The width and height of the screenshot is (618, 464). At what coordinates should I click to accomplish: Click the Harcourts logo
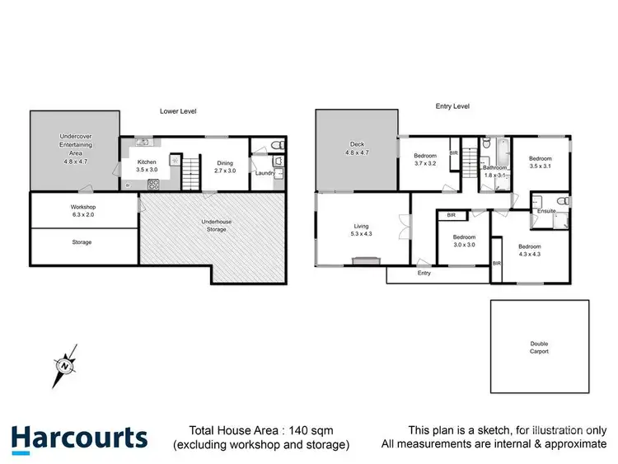pos(79,437)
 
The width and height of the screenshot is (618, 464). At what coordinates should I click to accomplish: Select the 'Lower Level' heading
pos(178,110)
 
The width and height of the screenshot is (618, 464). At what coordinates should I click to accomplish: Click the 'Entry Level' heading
pos(452,106)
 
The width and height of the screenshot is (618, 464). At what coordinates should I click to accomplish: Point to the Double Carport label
pos(539,348)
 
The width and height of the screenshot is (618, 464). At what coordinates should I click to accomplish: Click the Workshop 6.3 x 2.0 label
pos(83,211)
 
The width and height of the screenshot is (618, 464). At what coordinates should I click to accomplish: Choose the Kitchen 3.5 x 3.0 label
pos(147,166)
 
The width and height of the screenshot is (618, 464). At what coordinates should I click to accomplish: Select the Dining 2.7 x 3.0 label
pos(224,166)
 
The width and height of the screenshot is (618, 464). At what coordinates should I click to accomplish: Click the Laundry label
pos(265,173)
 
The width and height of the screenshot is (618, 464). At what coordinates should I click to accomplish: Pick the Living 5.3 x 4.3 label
pos(362,230)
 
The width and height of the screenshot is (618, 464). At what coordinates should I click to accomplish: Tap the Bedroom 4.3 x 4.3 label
pos(530,251)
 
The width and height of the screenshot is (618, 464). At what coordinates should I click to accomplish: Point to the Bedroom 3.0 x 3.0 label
pos(464,241)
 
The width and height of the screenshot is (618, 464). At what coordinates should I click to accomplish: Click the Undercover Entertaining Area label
pos(75,149)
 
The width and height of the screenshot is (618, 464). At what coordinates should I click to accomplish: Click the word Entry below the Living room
pos(424,273)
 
